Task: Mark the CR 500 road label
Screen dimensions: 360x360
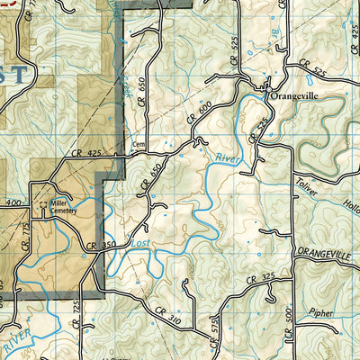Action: pyautogui.click(x=289, y=324)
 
